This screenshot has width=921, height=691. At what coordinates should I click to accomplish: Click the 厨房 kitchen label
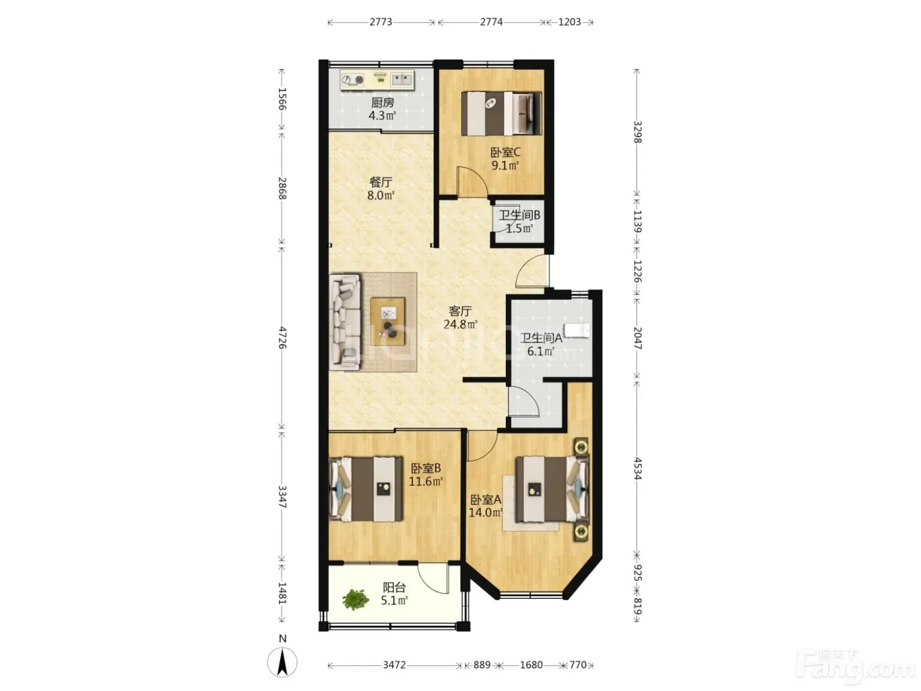(x=382, y=103)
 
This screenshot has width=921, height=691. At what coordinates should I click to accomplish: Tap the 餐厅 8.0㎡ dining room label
(x=381, y=188)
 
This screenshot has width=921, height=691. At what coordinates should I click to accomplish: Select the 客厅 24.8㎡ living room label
(x=460, y=317)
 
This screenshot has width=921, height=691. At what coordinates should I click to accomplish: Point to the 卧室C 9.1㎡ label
(x=505, y=159)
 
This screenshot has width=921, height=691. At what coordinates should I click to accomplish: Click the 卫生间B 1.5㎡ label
(x=519, y=222)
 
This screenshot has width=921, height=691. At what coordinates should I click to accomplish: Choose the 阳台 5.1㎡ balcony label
(x=394, y=594)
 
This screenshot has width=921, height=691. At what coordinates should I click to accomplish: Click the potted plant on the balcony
(x=355, y=599)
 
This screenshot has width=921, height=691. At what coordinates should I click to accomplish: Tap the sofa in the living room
(x=345, y=322)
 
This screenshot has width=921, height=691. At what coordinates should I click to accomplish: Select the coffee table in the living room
(x=387, y=321)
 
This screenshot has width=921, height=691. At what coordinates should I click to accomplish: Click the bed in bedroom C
(x=501, y=114)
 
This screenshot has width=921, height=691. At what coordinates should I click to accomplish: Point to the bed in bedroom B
(x=366, y=489)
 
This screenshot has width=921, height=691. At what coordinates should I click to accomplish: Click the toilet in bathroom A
(x=576, y=330)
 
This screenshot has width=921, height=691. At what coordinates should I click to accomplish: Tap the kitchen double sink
(x=401, y=79)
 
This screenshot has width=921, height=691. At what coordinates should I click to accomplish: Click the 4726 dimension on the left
(x=282, y=338)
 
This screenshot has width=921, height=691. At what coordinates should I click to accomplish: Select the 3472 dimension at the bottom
(x=394, y=665)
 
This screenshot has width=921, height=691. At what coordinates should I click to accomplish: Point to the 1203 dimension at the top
(x=569, y=22)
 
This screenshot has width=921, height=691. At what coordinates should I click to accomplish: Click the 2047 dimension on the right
(x=637, y=338)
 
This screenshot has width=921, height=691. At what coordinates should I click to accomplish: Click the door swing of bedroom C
(x=472, y=181)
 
